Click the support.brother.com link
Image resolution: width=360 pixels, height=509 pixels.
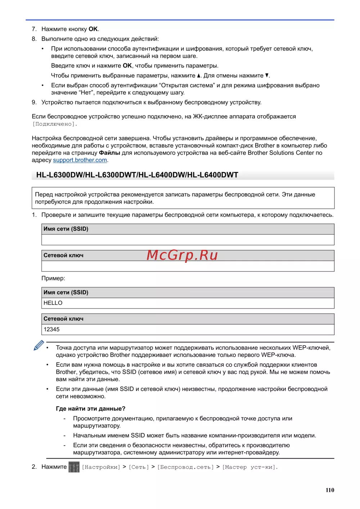pos(80,160)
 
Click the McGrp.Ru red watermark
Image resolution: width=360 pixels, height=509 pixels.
pos(182,255)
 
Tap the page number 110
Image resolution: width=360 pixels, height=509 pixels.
pos(330,490)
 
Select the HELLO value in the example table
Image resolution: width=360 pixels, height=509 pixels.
pos(53,303)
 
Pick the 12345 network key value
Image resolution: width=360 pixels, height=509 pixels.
pos(51,329)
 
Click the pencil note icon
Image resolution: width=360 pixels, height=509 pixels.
pos(39,345)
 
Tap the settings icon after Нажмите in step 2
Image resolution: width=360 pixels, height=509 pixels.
pos(74,467)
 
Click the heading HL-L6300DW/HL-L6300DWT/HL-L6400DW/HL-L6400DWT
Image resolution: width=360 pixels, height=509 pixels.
pos(137,175)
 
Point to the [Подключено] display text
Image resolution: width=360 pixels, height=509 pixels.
pos(55,124)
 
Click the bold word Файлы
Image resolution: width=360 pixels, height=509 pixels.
pos(109,153)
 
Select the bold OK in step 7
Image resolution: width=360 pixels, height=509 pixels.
pos(93,29)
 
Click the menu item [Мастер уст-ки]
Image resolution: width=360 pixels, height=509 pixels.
pos(250,467)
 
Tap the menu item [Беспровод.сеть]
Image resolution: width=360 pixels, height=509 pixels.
pos(185,467)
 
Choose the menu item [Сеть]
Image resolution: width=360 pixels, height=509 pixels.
pos(139,467)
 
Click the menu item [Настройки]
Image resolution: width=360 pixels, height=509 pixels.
pos(101,467)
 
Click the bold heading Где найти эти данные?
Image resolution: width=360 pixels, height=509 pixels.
pos(91,409)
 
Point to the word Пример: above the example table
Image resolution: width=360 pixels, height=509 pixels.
pos(53,278)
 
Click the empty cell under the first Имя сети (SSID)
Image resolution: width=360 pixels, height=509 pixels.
pos(188,240)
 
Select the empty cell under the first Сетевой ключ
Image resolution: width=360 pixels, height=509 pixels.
pos(188,266)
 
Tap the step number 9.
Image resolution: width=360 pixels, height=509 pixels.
pos(34,103)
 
